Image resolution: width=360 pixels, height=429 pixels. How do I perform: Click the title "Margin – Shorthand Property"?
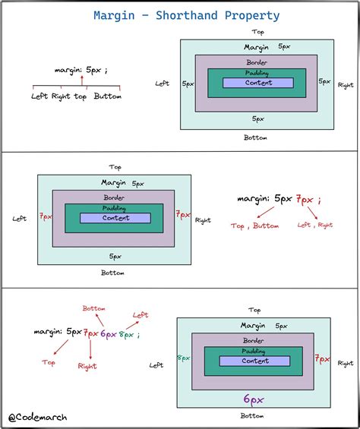[186, 15]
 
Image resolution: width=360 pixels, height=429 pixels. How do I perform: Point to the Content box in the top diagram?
[258, 83]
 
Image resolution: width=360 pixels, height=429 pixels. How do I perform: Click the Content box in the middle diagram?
[115, 218]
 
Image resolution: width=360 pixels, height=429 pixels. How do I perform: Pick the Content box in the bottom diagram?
[254, 361]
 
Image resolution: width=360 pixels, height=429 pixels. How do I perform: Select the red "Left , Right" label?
[315, 225]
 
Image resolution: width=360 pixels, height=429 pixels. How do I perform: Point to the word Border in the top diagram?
[257, 62]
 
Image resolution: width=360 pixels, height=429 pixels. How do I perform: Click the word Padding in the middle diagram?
[115, 208]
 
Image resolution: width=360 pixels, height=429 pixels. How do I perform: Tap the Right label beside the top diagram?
[346, 86]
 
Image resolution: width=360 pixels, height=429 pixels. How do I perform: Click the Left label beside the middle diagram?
[20, 219]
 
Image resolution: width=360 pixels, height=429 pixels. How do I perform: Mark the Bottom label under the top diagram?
[255, 137]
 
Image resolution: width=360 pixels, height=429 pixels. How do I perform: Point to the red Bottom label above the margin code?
[94, 308]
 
